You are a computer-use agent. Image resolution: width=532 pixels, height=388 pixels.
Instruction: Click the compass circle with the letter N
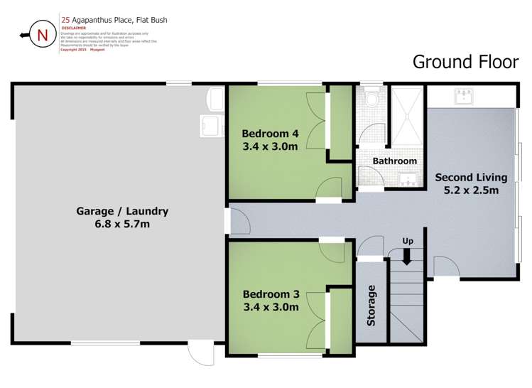(43, 36)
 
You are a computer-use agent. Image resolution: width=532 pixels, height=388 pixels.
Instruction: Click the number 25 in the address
(66, 20)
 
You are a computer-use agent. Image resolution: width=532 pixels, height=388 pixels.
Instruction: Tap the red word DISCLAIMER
(73, 28)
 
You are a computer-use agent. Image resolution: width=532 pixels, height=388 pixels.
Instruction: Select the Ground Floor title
(465, 62)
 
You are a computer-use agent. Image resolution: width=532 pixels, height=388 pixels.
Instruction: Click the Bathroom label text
(394, 161)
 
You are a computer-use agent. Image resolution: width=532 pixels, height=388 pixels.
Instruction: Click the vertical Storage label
(371, 306)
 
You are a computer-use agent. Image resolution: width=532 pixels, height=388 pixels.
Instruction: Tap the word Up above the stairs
(408, 242)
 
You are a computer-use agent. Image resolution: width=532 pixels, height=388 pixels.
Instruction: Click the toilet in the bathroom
(368, 97)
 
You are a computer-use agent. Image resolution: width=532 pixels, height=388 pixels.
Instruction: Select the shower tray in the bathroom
(407, 113)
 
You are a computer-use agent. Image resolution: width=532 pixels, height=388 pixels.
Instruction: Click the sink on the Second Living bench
(466, 96)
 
